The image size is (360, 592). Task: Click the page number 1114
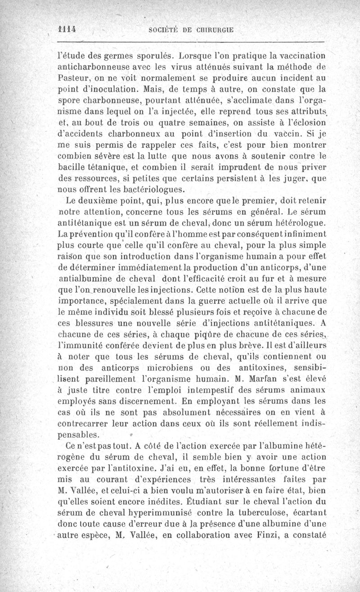tap(66, 27)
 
